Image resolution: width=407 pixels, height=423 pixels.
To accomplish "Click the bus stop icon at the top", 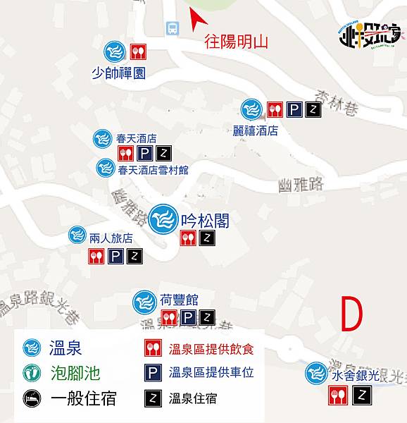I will (172, 28).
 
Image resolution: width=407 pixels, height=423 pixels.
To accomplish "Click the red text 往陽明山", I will (237, 41).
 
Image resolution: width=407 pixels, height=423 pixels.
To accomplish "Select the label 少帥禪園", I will (119, 73).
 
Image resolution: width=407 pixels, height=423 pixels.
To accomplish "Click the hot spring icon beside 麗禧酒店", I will (251, 109).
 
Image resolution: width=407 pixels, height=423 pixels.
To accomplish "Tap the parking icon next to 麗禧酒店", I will (294, 109).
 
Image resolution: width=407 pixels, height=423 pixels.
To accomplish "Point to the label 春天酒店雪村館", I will (154, 170).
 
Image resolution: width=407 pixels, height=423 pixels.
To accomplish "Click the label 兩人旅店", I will (111, 238).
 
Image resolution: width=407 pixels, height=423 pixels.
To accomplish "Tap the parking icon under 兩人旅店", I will (115, 257).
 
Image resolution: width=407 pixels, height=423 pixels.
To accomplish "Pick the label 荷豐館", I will (173, 299).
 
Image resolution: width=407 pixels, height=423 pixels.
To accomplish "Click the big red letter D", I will (353, 314).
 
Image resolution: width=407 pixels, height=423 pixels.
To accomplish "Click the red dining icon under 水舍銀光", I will (337, 398).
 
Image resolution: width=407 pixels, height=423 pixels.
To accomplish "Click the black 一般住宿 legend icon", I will (30, 398).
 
